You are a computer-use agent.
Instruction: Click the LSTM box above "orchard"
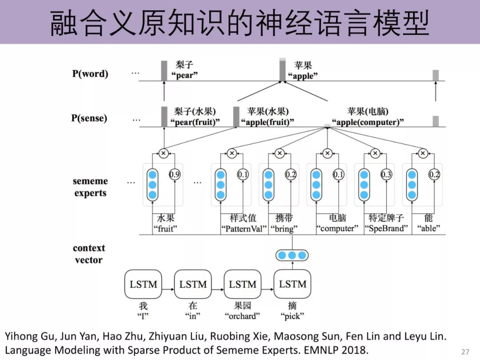tap(243, 284)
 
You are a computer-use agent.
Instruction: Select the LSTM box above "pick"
tap(292, 284)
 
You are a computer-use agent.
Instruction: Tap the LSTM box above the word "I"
tap(143, 284)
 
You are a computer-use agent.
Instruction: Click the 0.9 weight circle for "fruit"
tap(175, 175)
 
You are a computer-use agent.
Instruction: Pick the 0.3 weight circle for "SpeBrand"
tap(386, 175)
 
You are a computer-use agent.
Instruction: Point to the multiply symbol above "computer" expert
tap(327, 153)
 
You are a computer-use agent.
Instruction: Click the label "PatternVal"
tap(244, 228)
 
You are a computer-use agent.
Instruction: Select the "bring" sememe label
tap(284, 228)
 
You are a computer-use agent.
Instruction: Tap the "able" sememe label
tap(428, 228)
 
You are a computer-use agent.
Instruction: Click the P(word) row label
tap(90, 74)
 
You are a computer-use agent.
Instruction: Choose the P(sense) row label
tap(89, 118)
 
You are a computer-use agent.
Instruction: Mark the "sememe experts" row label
tap(90, 187)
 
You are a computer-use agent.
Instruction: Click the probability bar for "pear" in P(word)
tap(164, 71)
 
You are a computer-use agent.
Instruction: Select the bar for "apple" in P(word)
tap(282, 70)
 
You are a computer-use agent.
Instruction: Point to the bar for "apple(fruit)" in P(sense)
tap(236, 116)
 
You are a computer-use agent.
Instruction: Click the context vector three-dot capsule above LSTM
tap(292, 256)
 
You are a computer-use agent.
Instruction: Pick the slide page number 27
tap(465, 352)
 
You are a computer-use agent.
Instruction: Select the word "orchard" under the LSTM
tap(242, 316)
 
